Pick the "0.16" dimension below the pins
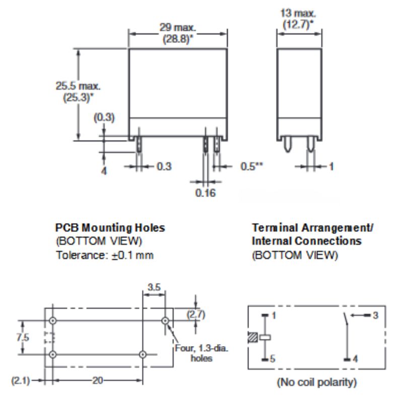(206, 192)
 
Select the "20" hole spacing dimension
(97, 381)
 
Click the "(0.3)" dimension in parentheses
(104, 118)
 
